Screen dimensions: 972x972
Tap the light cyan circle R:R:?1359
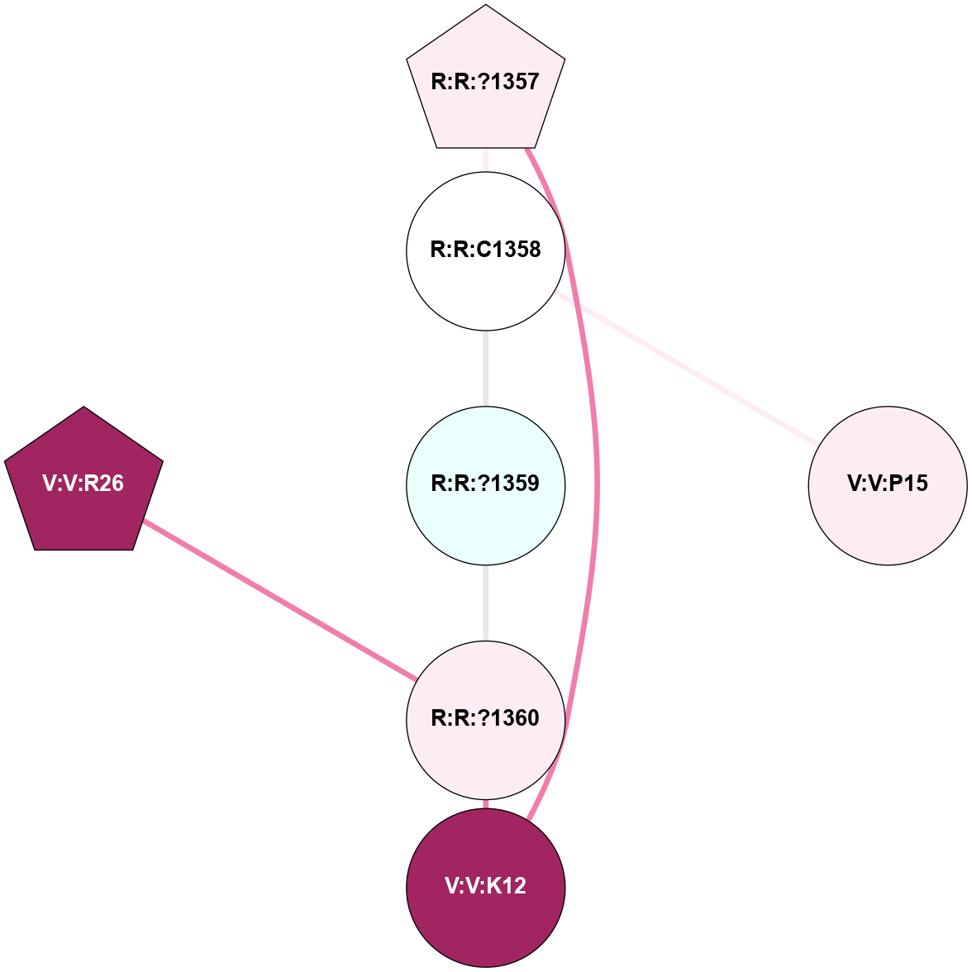[486, 512]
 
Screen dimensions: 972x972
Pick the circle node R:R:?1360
[486, 744]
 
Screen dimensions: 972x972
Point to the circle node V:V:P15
[888, 512]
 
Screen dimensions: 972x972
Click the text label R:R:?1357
[486, 82]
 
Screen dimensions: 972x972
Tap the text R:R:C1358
[486, 250]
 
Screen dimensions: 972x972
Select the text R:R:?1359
[486, 484]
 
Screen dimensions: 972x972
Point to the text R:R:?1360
[486, 718]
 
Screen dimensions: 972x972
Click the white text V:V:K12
[486, 886]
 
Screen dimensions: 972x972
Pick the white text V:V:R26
[83, 484]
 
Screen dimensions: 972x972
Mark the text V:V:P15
[888, 484]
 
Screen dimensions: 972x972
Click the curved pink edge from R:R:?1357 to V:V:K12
[597, 479]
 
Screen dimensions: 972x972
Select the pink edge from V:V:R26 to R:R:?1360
[281, 601]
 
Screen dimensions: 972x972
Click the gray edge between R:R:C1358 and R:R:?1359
[486, 369]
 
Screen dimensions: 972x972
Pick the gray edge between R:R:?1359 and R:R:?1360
[486, 603]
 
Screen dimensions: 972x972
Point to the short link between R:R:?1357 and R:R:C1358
[486, 160]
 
